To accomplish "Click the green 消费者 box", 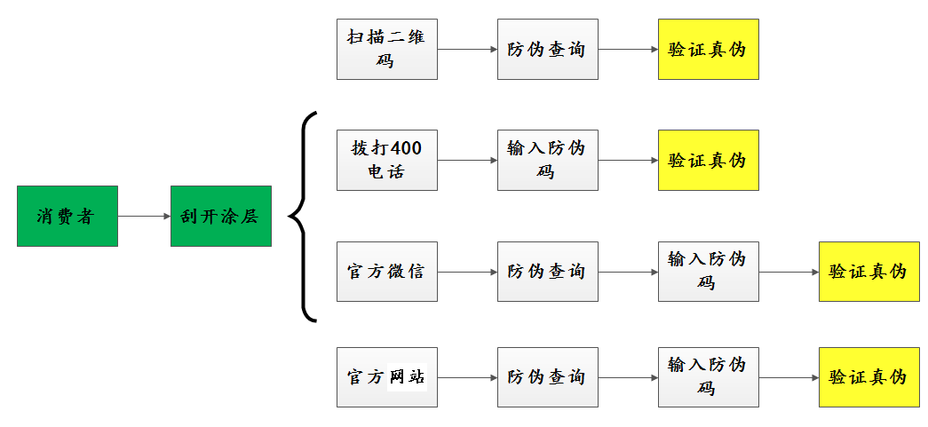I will (x=67, y=216).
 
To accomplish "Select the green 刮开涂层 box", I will (x=220, y=216).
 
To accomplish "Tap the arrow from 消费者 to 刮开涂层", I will (x=144, y=216).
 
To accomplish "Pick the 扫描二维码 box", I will (x=386, y=49).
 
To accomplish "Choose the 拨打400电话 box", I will (x=386, y=160).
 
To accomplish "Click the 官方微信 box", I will (x=386, y=271).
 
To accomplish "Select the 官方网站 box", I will (x=386, y=377).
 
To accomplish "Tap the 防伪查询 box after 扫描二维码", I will (x=547, y=49).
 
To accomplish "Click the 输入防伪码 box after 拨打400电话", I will (x=547, y=160).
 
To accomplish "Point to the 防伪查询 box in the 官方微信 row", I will (x=547, y=271).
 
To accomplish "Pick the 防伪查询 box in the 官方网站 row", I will (x=547, y=377).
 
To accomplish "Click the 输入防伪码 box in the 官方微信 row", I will (x=708, y=271).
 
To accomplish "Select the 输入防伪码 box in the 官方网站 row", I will (x=708, y=377).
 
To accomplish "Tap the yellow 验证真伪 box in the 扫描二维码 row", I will (x=708, y=49).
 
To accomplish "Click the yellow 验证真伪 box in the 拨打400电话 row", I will (x=708, y=160).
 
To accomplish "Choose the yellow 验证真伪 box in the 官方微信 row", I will (x=869, y=271).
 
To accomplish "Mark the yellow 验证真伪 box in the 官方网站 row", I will (x=869, y=377).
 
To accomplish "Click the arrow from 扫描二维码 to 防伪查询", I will (x=467, y=49).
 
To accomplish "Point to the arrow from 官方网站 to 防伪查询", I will (x=467, y=377).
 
